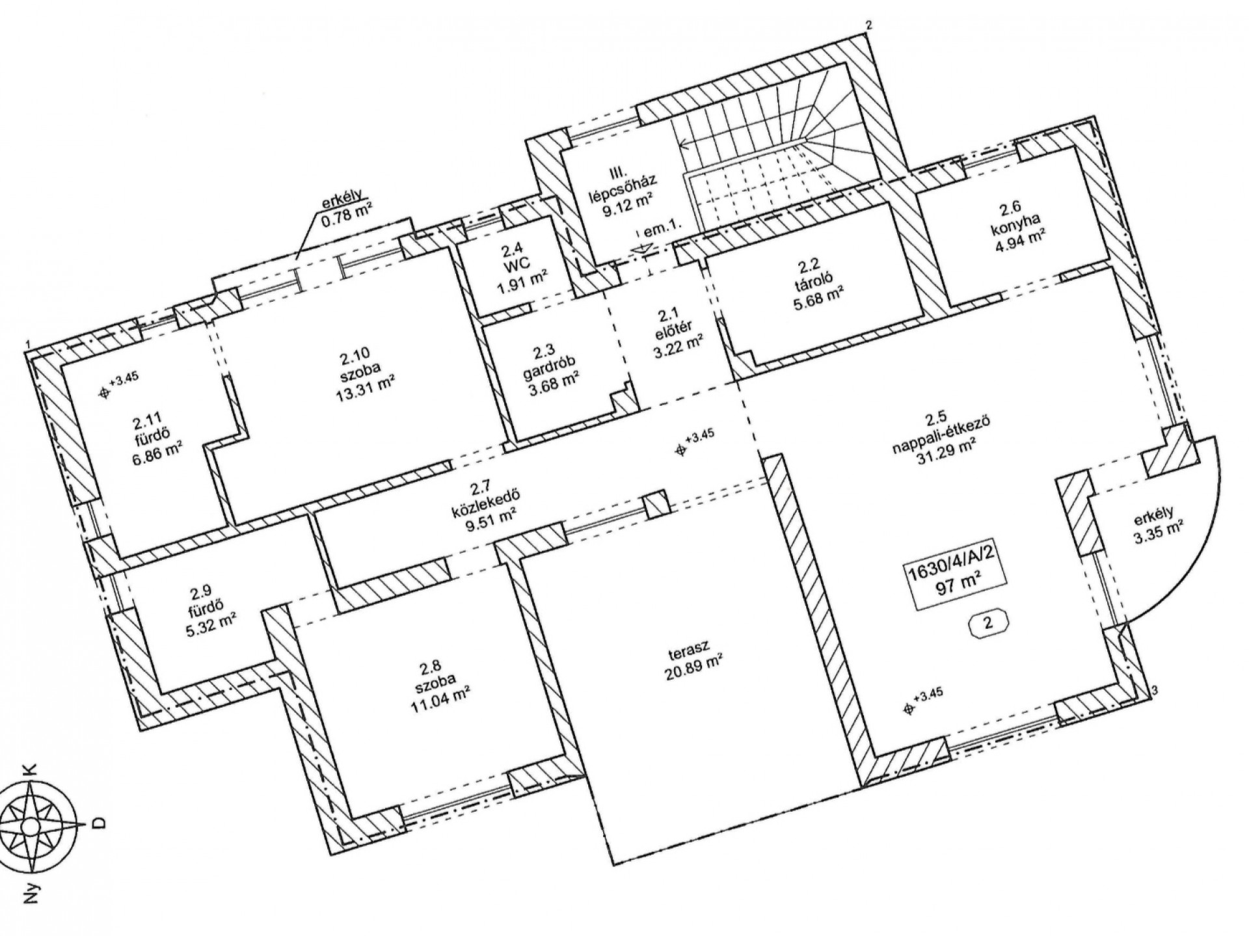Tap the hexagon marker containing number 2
(x=988, y=622)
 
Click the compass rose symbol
(x=29, y=825)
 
